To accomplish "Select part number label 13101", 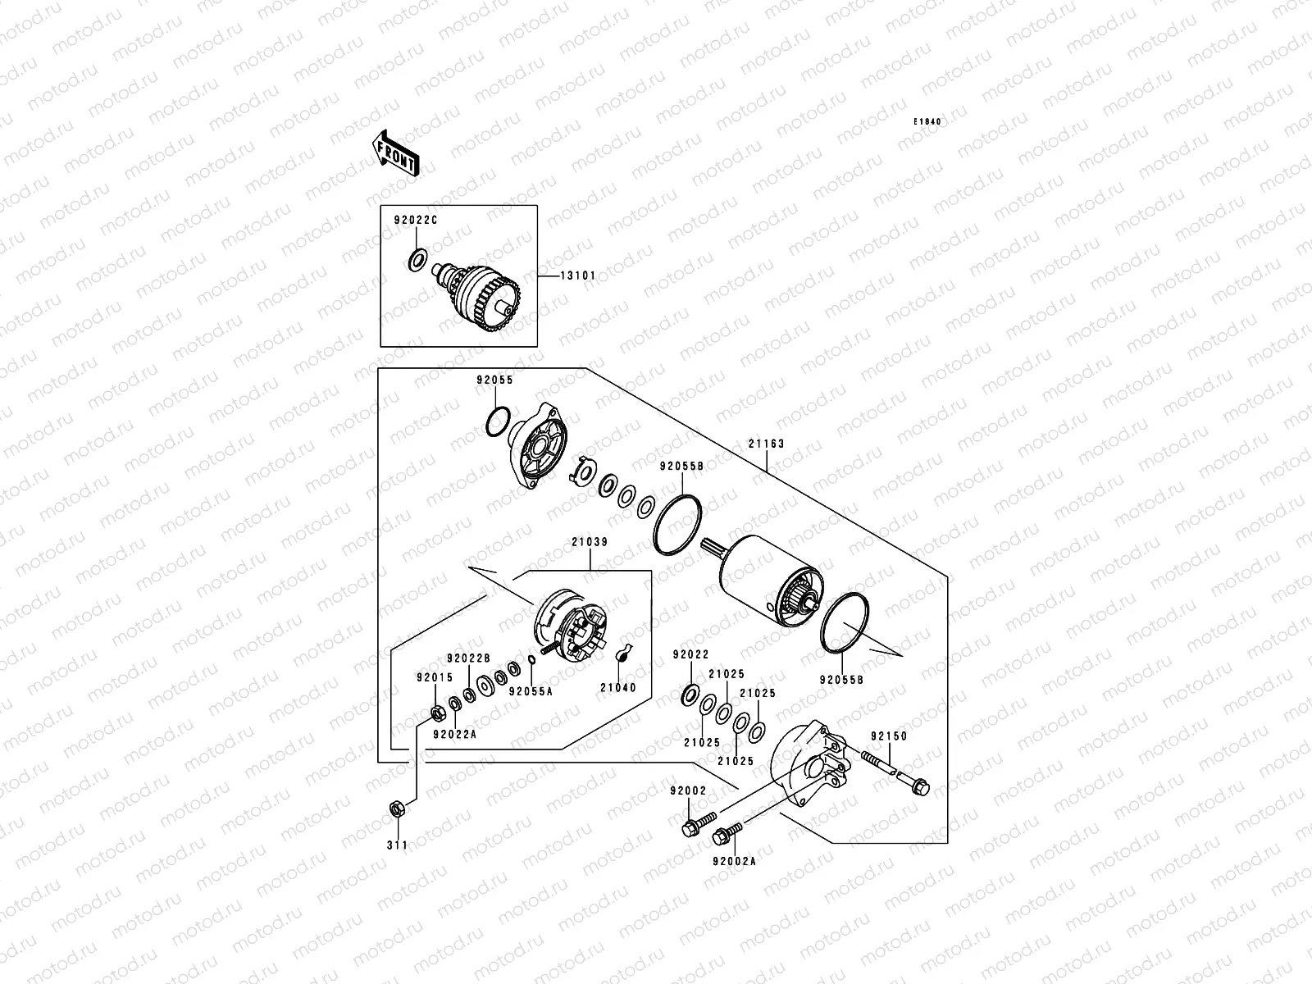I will pyautogui.click(x=578, y=276).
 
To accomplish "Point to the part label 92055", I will pyautogui.click(x=494, y=380).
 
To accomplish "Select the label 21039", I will pyautogui.click(x=590, y=542).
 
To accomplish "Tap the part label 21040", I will pyautogui.click(x=617, y=688).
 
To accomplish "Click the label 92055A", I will pyautogui.click(x=531, y=691).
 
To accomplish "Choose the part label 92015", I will pyautogui.click(x=434, y=678).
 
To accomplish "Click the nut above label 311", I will pyautogui.click(x=394, y=809).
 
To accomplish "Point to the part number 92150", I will pyautogui.click(x=889, y=736).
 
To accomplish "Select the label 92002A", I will pyautogui.click(x=734, y=862).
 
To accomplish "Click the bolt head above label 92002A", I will pyautogui.click(x=722, y=836).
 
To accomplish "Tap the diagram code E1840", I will pyautogui.click(x=928, y=122).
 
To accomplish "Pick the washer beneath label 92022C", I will pyautogui.click(x=417, y=261).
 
